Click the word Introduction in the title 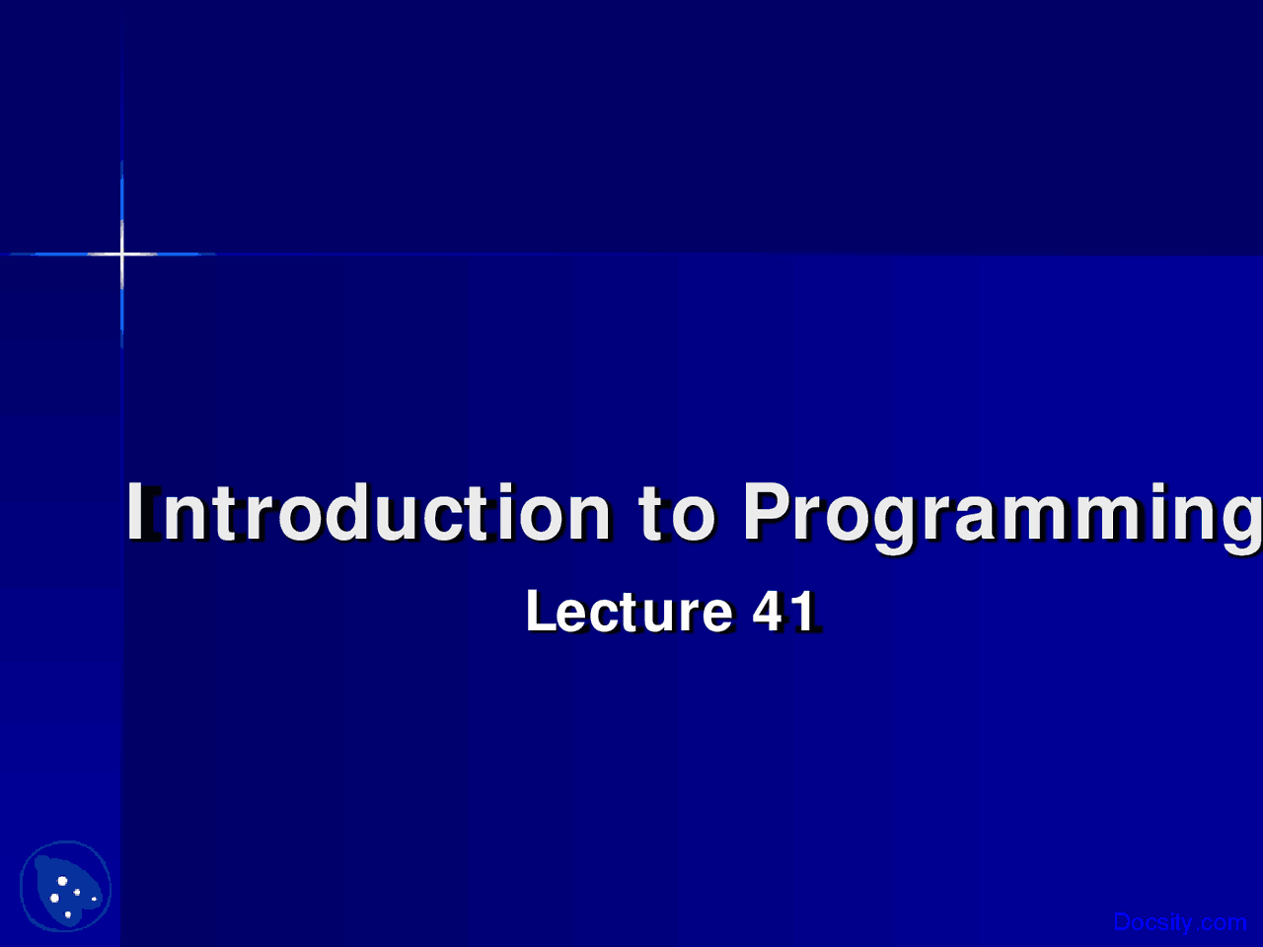point(368,512)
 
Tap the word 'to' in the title point(677,513)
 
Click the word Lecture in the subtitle point(630,612)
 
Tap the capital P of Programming point(768,511)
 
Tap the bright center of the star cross point(121,254)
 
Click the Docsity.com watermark point(1180,921)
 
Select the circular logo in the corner point(65,886)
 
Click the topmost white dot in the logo point(62,881)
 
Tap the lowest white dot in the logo point(68,914)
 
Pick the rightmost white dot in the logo point(95,899)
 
